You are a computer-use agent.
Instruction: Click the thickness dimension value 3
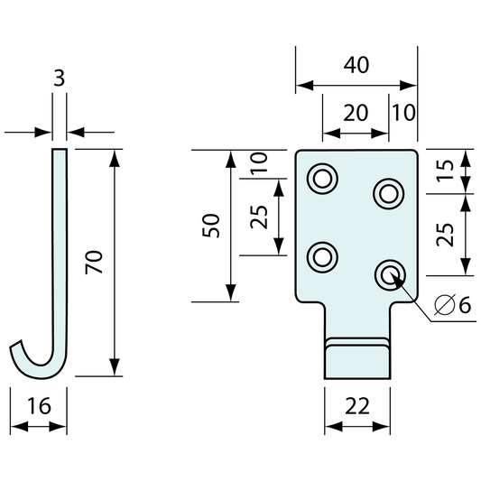point(60,79)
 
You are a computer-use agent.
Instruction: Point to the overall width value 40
point(356,66)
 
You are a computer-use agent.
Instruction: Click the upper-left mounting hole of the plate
point(320,179)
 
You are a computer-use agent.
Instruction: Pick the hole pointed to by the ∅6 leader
point(389,273)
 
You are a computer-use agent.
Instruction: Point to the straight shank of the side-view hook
point(60,244)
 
